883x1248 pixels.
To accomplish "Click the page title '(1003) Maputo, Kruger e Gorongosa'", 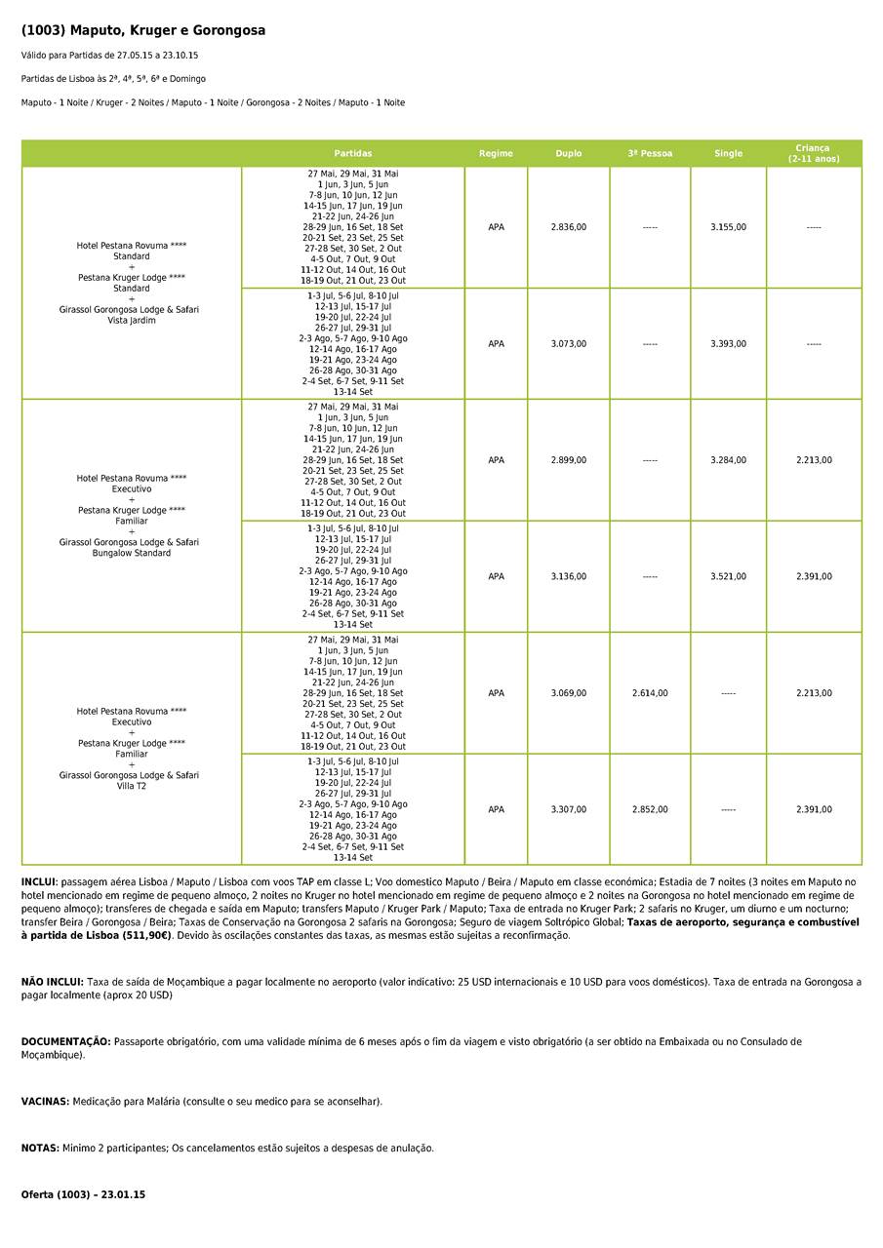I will tap(143, 31).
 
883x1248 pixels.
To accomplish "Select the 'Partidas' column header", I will tap(352, 154).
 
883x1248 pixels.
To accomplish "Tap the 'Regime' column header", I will tap(496, 154).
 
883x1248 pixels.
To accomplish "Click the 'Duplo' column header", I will tap(569, 154).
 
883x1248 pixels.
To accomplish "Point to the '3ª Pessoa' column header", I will tap(650, 154).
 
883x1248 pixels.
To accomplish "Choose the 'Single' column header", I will tap(728, 154).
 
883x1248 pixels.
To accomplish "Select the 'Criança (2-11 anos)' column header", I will tap(814, 154).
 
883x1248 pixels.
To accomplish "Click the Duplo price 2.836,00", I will tap(569, 227).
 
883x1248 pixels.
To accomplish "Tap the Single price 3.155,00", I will tap(728, 227).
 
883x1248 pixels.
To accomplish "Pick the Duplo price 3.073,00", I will tap(569, 344).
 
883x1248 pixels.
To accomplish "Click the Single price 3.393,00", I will tap(728, 344).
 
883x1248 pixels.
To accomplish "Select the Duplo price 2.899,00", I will tap(569, 460).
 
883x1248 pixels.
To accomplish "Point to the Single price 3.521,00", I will tap(728, 577).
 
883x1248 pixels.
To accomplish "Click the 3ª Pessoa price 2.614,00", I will tap(650, 693).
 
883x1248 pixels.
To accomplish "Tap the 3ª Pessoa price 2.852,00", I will tap(650, 810).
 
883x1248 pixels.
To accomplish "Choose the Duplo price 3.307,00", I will tap(569, 810).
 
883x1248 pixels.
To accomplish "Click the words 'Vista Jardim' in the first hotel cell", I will tap(132, 321).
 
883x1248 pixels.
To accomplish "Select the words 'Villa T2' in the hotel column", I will tap(132, 786).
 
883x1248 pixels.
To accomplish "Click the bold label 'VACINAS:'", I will tap(45, 1102).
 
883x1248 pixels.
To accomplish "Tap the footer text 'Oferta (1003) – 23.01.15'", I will tap(83, 1195).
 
